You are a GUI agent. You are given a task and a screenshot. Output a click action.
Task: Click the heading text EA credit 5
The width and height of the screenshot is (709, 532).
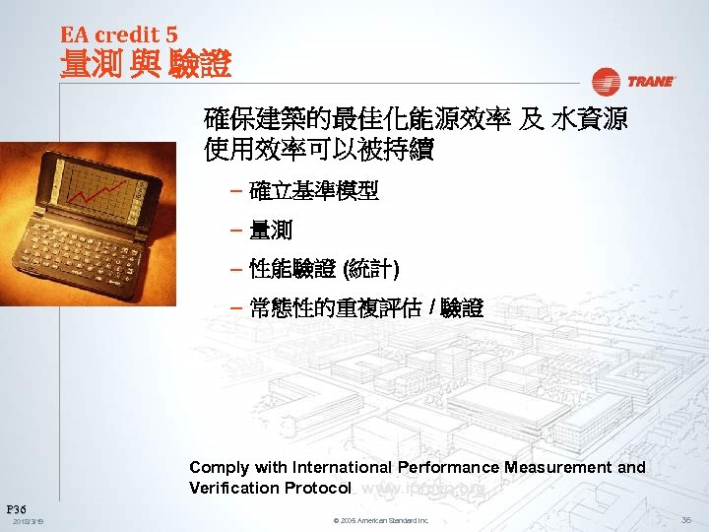118,33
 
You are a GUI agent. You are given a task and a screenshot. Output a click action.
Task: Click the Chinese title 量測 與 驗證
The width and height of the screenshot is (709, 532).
146,65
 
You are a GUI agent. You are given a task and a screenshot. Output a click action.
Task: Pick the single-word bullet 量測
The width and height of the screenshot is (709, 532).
271,231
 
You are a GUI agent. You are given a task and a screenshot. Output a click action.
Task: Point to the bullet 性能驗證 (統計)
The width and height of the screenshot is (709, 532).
324,269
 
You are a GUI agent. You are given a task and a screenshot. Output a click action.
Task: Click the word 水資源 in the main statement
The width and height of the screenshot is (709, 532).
589,121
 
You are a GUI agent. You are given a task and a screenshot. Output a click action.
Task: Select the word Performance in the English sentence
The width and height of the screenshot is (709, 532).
448,467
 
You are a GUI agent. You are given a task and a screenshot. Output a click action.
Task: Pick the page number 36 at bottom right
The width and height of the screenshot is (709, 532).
685,519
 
